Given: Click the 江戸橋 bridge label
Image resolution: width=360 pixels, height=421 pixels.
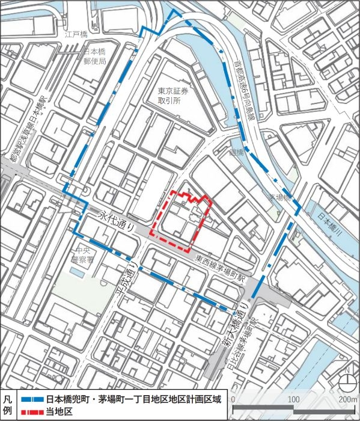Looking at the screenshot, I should (x=76, y=35).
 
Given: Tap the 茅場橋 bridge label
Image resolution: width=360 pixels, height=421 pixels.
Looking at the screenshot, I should (x=279, y=197).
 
